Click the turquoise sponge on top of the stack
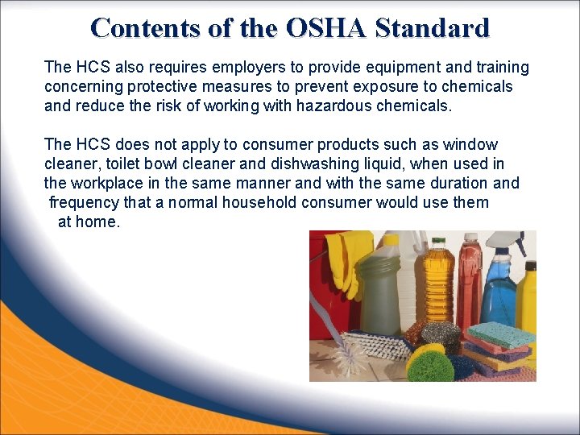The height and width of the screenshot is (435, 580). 501,333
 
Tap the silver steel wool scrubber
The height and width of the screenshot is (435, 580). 441,333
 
